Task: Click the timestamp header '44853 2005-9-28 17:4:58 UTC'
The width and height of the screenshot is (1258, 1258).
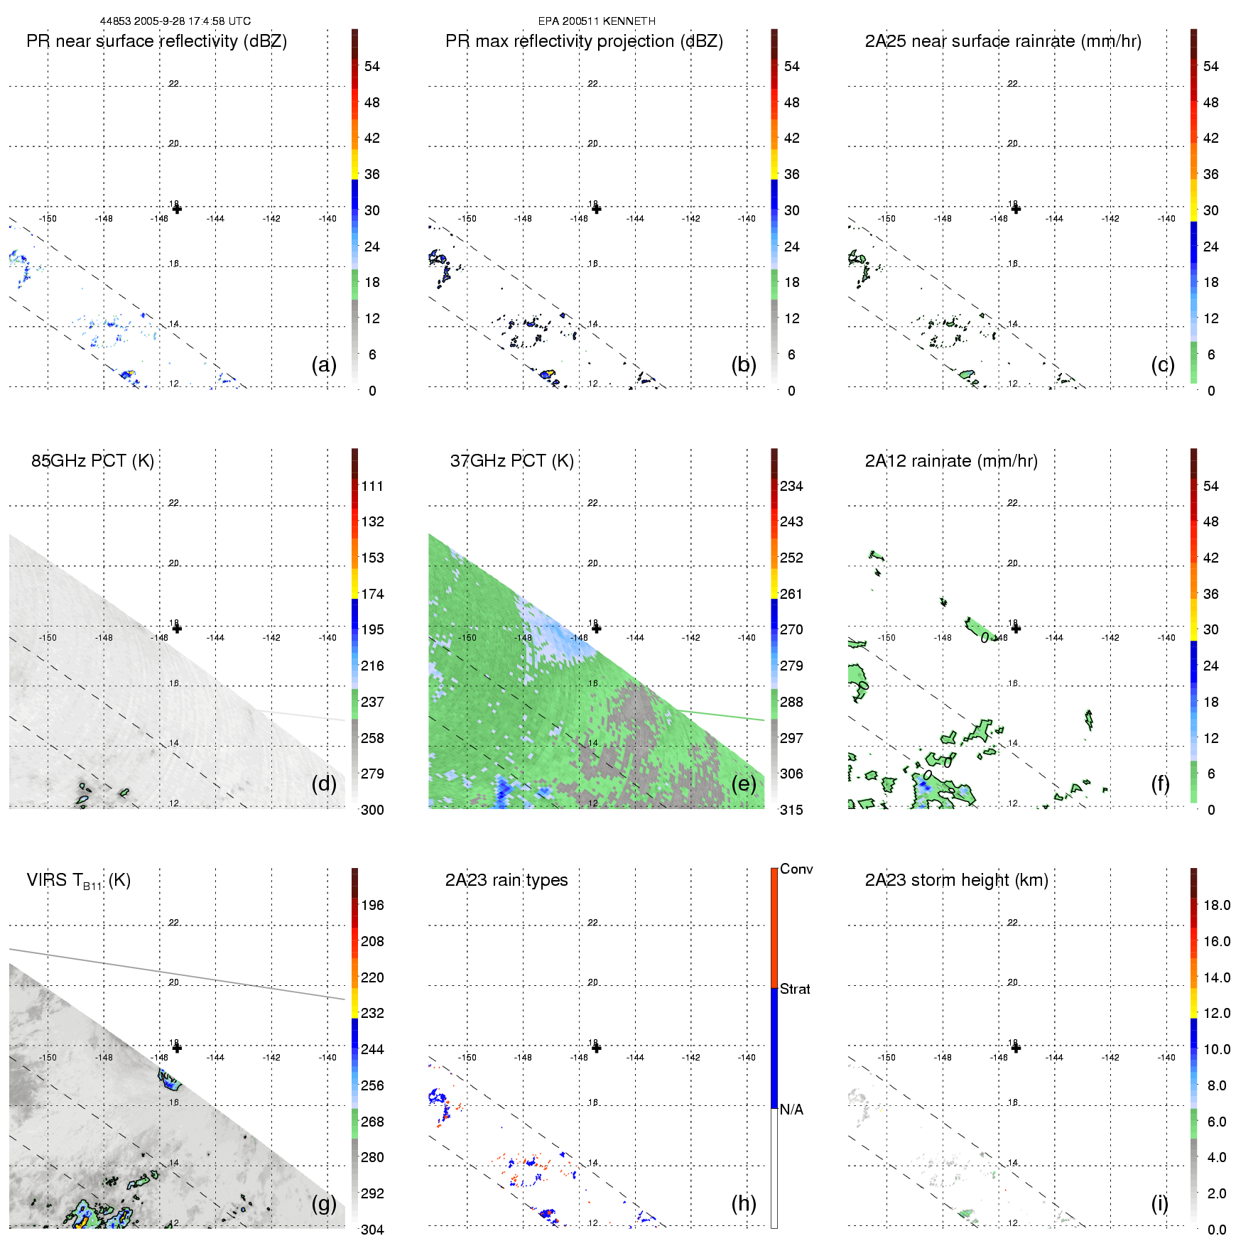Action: point(175,21)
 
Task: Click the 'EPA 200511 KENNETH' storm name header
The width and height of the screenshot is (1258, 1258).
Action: point(597,21)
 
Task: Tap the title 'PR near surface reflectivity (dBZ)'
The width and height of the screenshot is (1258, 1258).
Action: point(156,41)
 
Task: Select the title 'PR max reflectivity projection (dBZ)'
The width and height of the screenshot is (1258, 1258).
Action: point(584,41)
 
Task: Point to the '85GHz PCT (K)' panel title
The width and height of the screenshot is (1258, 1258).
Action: point(92,461)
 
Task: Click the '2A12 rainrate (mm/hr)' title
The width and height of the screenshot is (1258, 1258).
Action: point(951,461)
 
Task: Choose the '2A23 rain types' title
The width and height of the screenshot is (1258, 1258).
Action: point(506,880)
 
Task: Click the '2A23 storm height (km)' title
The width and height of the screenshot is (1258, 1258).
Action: point(956,880)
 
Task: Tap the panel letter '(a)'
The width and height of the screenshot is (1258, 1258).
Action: point(324,364)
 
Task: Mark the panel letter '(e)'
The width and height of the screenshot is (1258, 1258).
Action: point(744,783)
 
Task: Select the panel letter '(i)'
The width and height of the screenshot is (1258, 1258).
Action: point(1159,1203)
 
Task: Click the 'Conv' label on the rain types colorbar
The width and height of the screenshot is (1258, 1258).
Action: point(796,869)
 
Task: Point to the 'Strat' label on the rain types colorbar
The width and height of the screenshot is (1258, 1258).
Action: point(795,989)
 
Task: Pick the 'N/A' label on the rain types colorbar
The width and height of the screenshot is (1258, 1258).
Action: point(791,1110)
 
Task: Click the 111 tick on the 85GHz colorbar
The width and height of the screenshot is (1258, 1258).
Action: point(372,486)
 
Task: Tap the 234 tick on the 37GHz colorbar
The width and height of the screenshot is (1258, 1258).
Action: point(791,486)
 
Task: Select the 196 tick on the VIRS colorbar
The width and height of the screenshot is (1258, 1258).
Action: point(372,905)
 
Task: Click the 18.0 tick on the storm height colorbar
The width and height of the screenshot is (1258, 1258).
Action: point(1217,905)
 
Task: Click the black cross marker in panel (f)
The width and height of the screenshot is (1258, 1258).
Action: point(1016,628)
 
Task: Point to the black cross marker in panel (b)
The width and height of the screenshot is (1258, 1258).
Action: point(597,209)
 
